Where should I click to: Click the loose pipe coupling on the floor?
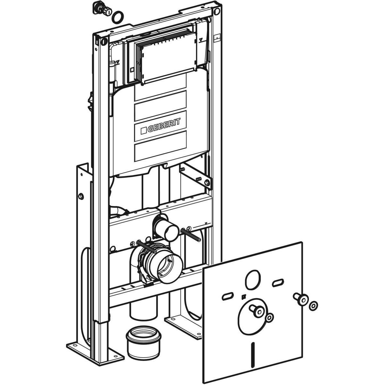[x=143, y=342]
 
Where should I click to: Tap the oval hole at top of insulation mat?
[x=253, y=279]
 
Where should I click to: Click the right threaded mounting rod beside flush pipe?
[x=191, y=235]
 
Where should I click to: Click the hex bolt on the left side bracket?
[x=81, y=197]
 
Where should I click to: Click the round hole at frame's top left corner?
[x=104, y=41]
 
